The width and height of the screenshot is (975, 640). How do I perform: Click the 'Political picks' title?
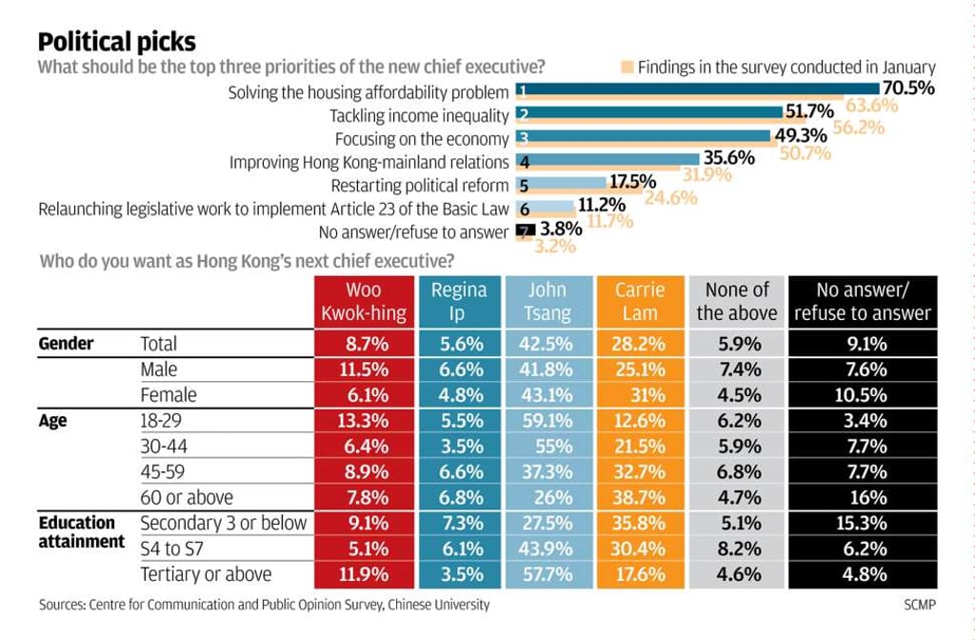[117, 42]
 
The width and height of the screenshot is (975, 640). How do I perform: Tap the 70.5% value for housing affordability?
[907, 88]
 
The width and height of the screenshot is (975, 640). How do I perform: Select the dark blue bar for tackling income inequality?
[649, 112]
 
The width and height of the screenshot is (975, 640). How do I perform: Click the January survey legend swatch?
[627, 68]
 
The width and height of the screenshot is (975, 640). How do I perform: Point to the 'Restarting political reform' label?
[420, 186]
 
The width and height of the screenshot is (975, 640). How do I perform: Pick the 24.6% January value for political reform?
[670, 198]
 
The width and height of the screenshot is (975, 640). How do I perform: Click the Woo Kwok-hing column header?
[364, 302]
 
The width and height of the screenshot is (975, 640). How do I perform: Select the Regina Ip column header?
[460, 302]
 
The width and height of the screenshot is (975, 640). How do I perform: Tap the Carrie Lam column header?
[640, 302]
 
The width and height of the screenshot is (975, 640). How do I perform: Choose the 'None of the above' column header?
[737, 302]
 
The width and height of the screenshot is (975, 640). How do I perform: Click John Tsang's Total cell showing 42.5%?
[547, 343]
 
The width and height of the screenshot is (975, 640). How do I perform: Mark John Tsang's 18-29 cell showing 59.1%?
[547, 420]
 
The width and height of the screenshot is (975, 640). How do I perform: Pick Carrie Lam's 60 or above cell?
[640, 497]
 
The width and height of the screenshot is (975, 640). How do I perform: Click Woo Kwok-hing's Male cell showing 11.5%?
[364, 370]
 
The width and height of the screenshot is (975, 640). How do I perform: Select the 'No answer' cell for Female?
[863, 395]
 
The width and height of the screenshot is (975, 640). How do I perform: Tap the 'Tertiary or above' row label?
[206, 574]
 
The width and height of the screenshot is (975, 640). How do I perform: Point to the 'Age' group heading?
[53, 421]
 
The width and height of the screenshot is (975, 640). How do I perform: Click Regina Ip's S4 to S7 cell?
[460, 549]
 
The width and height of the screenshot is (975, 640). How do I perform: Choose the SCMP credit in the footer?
[920, 605]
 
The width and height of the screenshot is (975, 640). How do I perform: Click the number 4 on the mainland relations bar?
[525, 163]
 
